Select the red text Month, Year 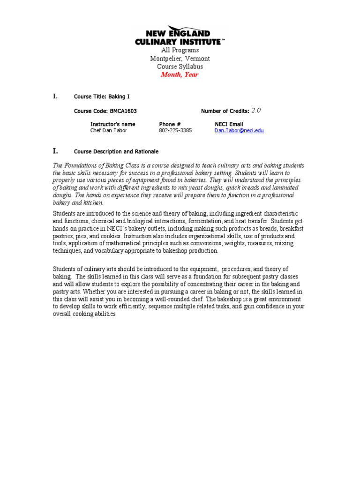(180, 75)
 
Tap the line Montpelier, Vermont (180, 59)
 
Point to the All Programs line (180, 50)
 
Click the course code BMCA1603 (123, 111)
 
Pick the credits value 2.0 (256, 111)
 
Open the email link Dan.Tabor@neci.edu (239, 130)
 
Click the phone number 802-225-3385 (175, 130)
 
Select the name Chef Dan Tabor (108, 130)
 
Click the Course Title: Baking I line (102, 97)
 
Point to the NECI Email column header (229, 124)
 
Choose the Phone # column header (170, 124)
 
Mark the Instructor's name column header (112, 124)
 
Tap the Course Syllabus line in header (180, 67)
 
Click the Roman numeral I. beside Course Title (55, 96)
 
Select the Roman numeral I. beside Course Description (55, 151)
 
